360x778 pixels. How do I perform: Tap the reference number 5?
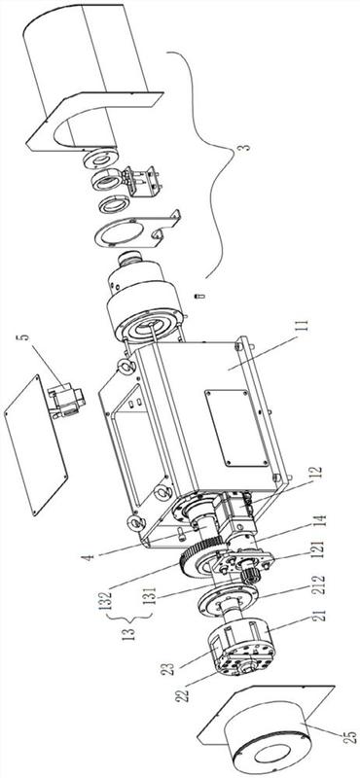click(25, 340)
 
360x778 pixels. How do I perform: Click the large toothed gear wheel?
click(200, 555)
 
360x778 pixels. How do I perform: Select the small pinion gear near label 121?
click(250, 578)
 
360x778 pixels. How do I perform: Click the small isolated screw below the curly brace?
click(200, 297)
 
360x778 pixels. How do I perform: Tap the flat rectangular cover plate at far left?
click(36, 444)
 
